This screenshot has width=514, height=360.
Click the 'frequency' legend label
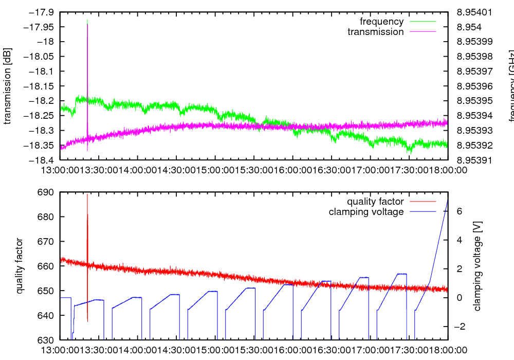(x=381, y=22)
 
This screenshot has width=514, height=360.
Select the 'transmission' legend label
(x=375, y=32)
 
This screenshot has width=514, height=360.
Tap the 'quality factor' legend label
(x=375, y=202)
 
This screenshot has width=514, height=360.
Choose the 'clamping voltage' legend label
(x=366, y=212)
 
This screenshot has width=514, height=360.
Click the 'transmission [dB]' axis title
(x=7, y=86)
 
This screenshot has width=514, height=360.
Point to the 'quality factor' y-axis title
(x=20, y=265)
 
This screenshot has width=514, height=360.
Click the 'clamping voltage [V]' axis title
(x=477, y=266)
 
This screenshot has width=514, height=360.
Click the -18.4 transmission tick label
(x=42, y=160)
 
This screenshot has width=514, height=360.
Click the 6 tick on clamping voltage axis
(x=459, y=211)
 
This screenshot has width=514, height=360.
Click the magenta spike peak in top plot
(x=87, y=24)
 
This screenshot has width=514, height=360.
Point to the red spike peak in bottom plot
(x=87, y=195)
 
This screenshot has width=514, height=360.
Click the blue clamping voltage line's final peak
(x=448, y=199)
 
